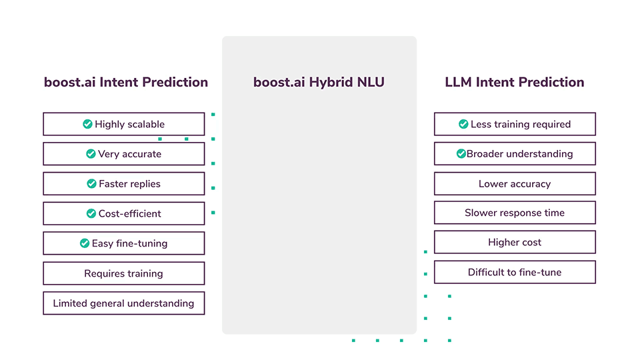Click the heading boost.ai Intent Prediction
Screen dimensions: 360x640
tap(126, 83)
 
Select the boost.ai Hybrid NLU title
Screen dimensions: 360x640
tap(319, 83)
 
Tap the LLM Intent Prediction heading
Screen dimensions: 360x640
tap(514, 83)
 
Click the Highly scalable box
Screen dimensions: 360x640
tap(124, 124)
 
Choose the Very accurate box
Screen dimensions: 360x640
tap(124, 154)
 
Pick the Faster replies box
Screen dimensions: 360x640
tap(124, 184)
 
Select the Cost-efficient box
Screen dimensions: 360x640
tap(124, 213)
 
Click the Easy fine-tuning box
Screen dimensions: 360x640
tap(124, 243)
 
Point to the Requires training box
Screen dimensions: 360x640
tap(124, 273)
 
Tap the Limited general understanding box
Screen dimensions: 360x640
tap(124, 303)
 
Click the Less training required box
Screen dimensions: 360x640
tap(515, 124)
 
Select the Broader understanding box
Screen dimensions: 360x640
tap(515, 154)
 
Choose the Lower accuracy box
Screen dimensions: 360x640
tap(515, 184)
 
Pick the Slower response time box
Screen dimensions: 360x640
tap(515, 213)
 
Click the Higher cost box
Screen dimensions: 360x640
tap(515, 243)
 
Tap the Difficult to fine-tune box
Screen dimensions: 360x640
tap(515, 272)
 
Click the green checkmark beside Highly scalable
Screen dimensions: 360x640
tap(87, 124)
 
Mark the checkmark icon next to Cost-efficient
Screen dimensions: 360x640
tap(91, 213)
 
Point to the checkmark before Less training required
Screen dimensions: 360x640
tap(463, 124)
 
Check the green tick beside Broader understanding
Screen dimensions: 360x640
tap(461, 154)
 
